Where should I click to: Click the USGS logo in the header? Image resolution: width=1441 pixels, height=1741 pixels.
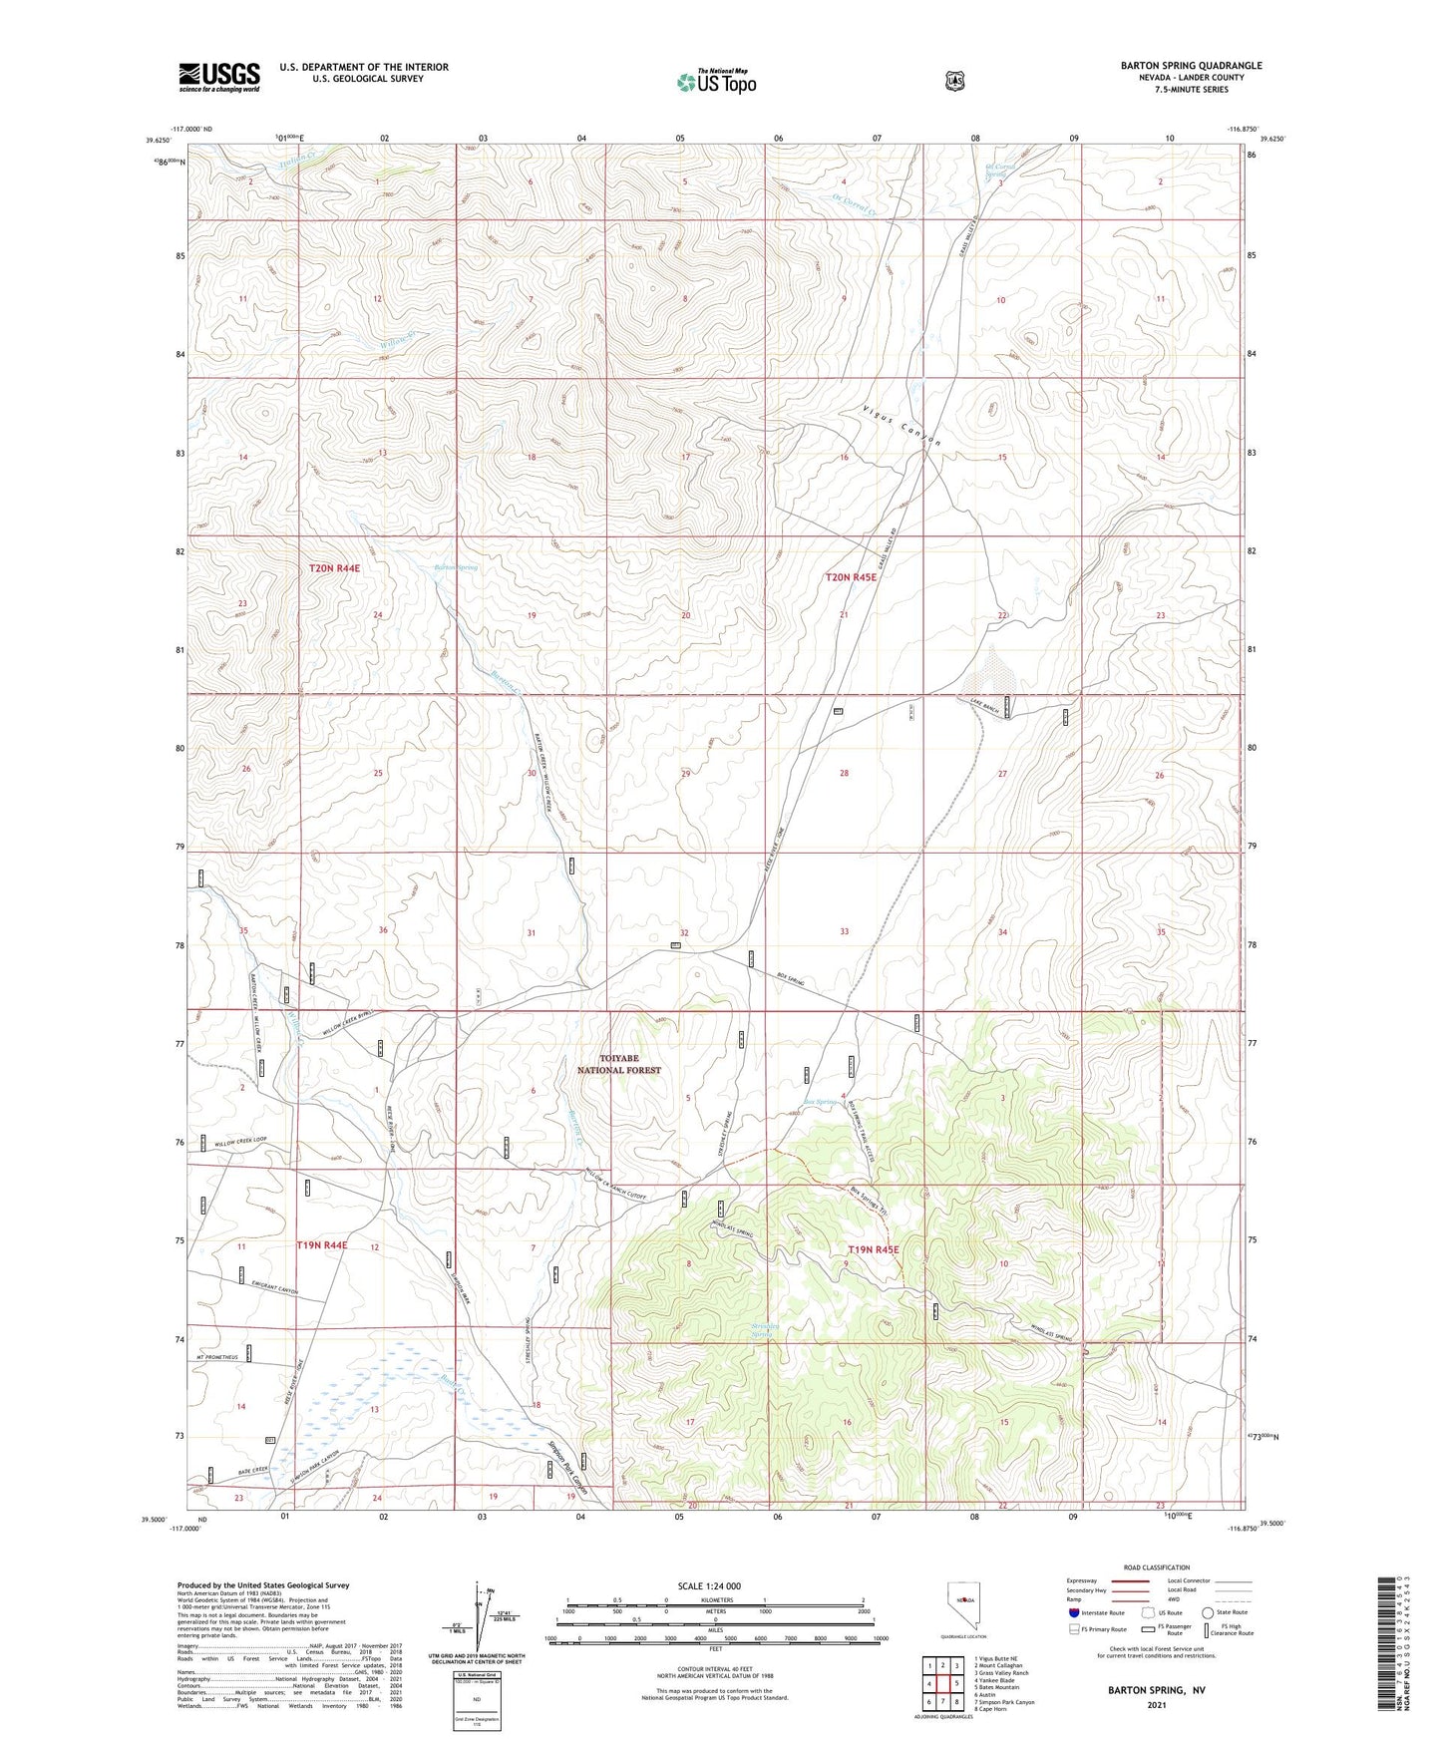pos(219,77)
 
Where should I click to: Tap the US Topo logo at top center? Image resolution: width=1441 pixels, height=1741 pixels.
pos(716,82)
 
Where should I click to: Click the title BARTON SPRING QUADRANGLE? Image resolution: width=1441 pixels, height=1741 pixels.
pos(1191,66)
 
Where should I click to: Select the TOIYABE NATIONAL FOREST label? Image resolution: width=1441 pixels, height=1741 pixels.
pos(619,1064)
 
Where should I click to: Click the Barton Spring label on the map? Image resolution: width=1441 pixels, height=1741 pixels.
pos(455,567)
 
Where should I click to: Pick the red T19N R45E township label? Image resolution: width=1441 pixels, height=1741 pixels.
pos(874,1249)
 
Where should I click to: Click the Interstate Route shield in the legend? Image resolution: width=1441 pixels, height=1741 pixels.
pos(1073,1611)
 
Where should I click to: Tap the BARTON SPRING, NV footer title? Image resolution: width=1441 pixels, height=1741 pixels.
pos(1157,1690)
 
